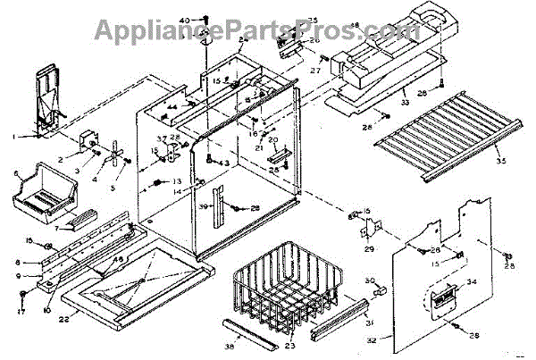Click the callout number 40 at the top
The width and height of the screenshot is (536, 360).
click(x=184, y=20)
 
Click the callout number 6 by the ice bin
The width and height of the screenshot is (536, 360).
click(x=16, y=173)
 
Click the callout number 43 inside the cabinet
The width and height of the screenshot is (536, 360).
click(x=223, y=163)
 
